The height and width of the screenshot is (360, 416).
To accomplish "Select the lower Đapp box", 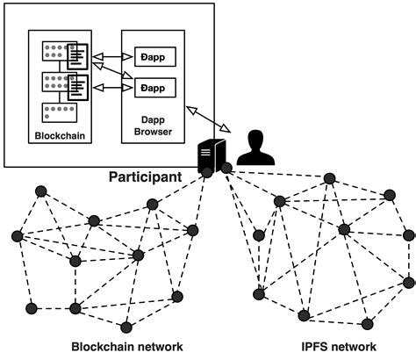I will [153, 88].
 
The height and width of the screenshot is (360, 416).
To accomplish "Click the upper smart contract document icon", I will [78, 57].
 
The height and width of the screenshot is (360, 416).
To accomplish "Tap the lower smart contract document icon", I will [78, 87].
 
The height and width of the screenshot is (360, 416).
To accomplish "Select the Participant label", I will [145, 176].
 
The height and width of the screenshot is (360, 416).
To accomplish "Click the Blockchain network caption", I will [127, 346].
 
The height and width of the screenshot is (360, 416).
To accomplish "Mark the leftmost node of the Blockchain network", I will [16, 235].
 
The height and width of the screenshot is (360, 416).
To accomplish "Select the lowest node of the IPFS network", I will [302, 314].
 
